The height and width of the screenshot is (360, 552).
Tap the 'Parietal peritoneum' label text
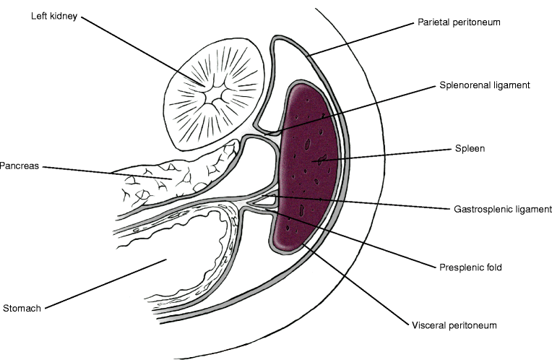point(459,22)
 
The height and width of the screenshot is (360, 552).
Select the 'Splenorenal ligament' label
point(485,85)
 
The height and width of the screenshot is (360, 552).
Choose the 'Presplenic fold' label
point(470,267)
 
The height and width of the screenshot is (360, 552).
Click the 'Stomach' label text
point(21,307)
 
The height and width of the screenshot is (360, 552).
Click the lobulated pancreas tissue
point(173,177)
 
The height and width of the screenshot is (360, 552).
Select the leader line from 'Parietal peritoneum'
point(361,38)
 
